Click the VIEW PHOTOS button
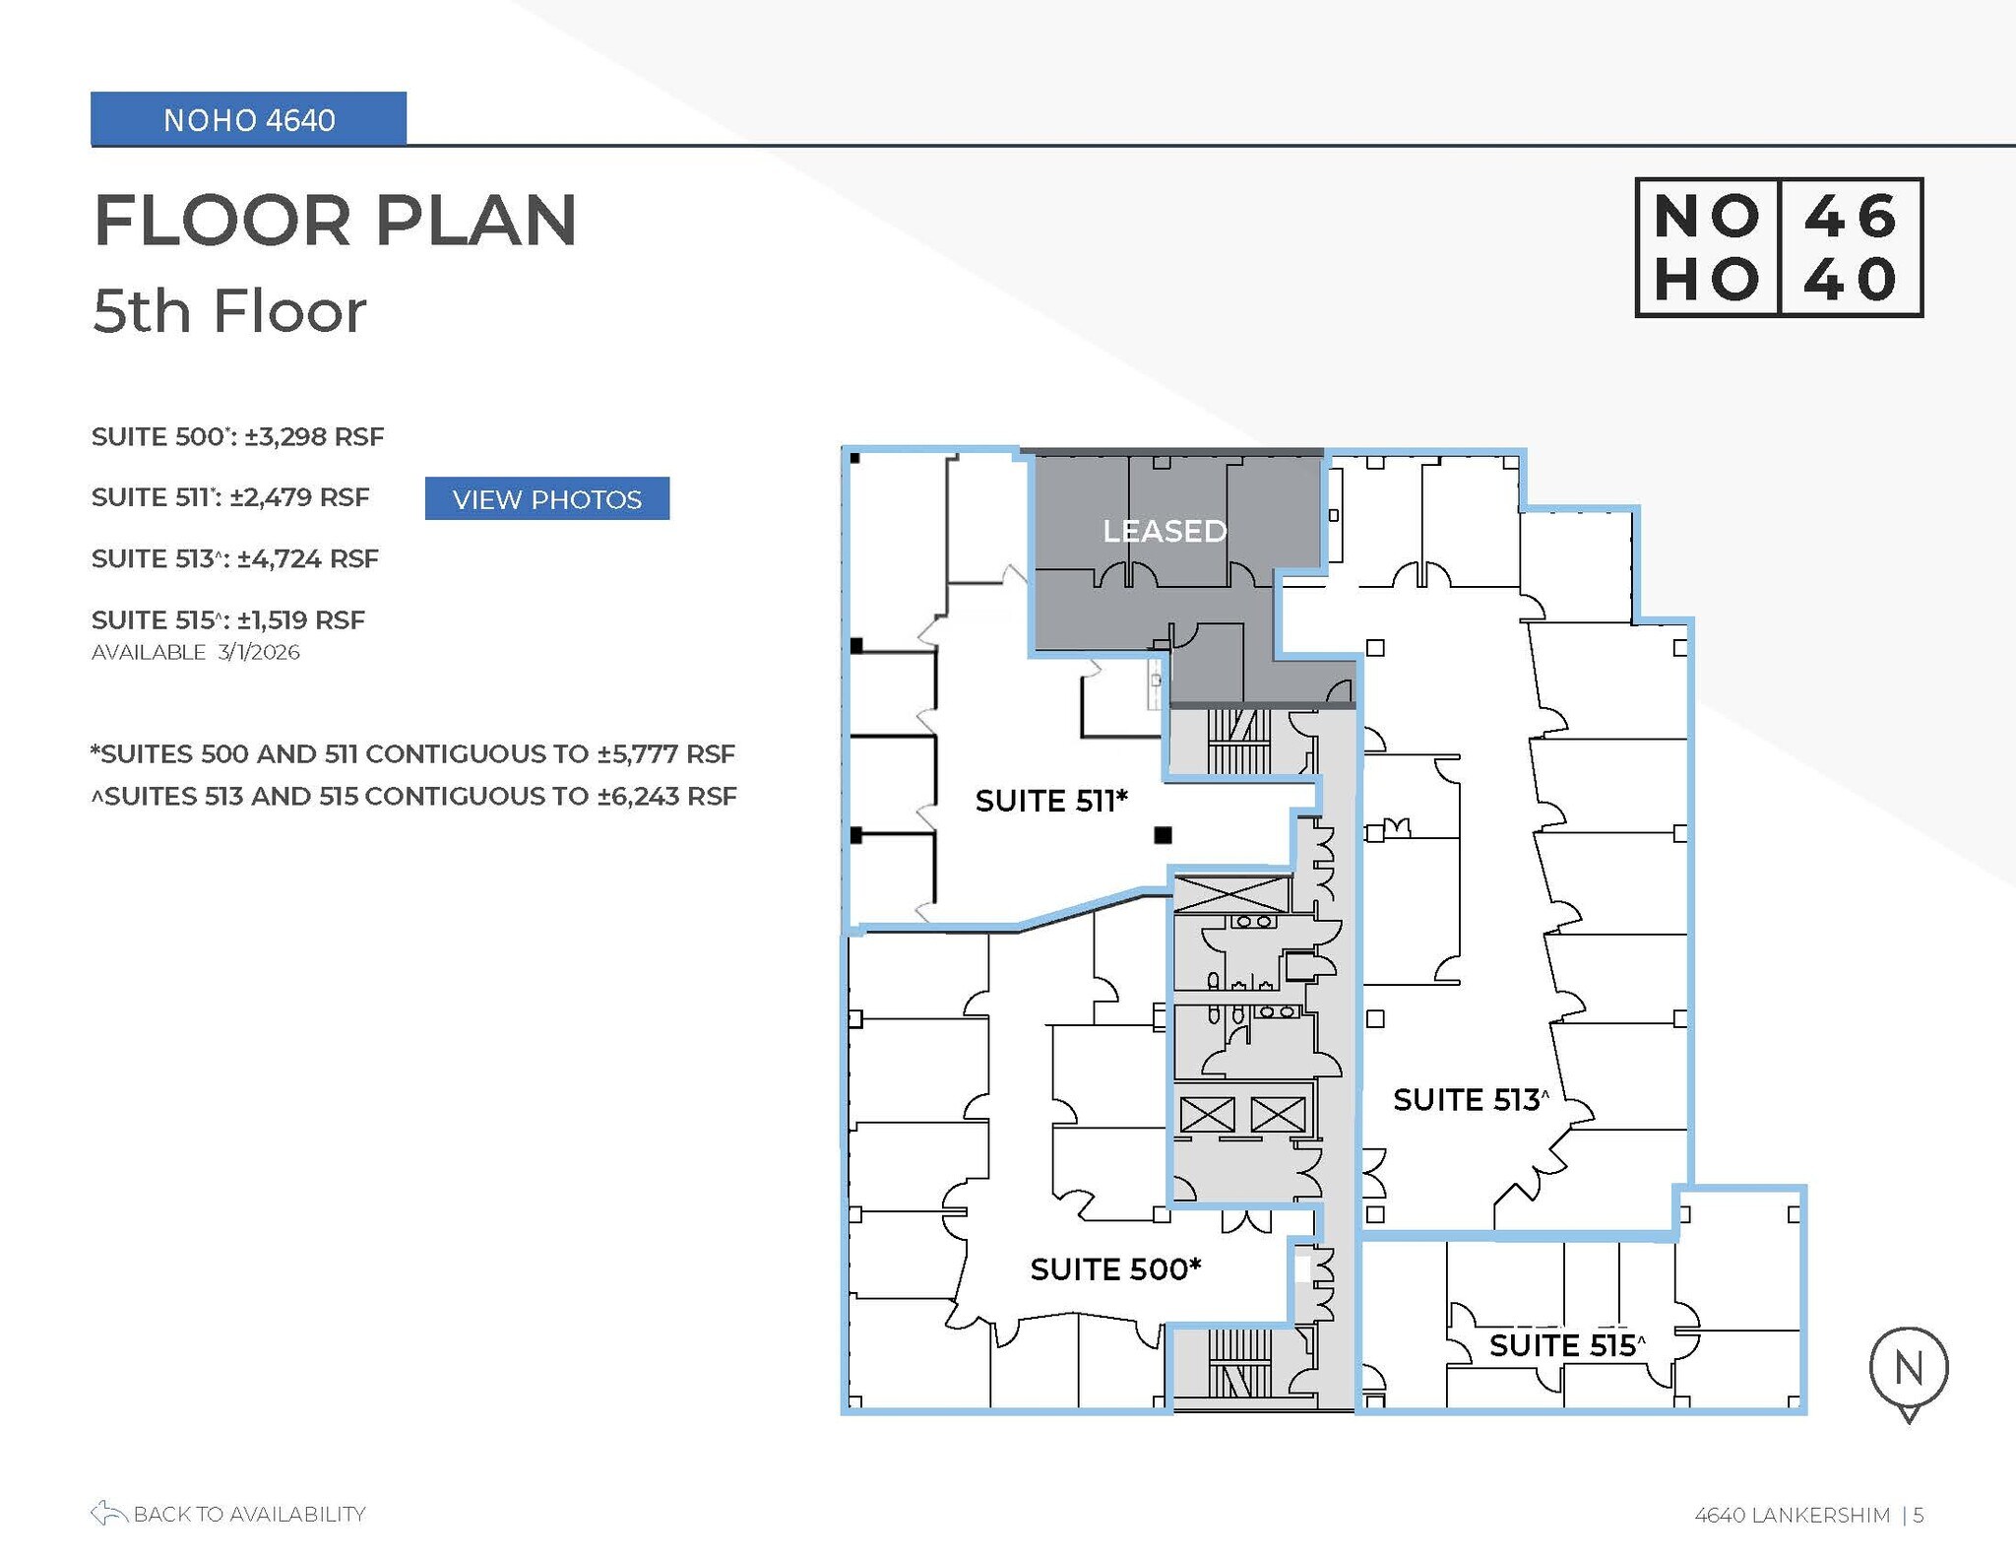[546, 498]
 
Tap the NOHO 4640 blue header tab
[248, 119]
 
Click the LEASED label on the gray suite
[1164, 531]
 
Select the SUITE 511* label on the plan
[1050, 801]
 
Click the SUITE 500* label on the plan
[1115, 1268]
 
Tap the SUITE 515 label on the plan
[1566, 1344]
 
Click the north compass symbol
[1908, 1369]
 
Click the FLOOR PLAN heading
[335, 220]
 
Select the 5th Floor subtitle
[228, 311]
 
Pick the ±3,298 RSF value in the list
[314, 436]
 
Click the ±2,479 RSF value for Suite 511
[299, 497]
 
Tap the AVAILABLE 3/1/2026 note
[195, 652]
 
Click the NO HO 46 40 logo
[1778, 247]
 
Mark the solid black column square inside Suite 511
[1163, 835]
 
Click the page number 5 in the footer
[1918, 1515]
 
